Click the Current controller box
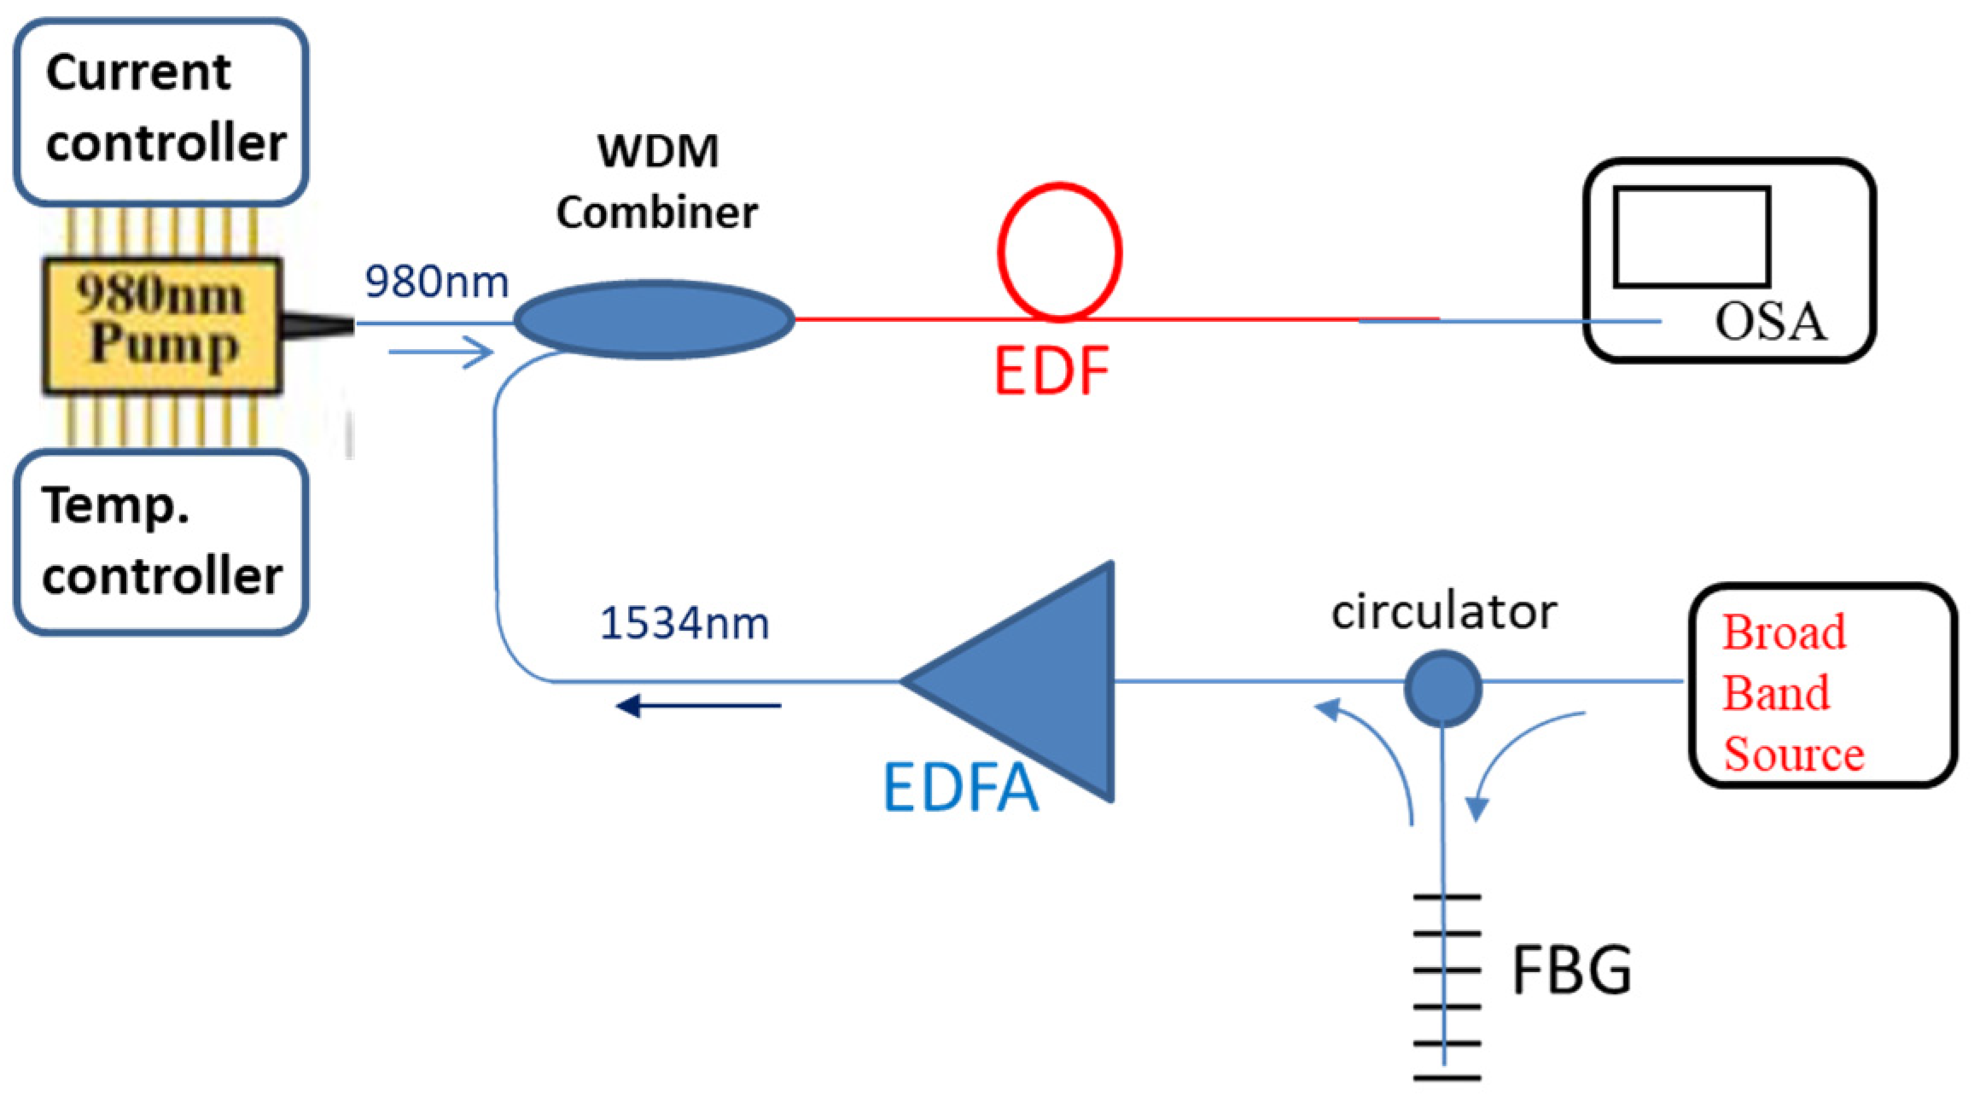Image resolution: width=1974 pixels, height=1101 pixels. (x=160, y=111)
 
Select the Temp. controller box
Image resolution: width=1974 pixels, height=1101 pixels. (x=160, y=543)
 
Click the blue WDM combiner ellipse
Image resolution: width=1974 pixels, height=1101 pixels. (x=655, y=319)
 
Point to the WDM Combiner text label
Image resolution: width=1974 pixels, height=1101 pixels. (x=657, y=181)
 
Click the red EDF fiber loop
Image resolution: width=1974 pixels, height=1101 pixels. (x=1059, y=252)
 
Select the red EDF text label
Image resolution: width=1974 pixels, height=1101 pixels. (x=1051, y=372)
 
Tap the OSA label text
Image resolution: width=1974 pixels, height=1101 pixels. (x=1770, y=323)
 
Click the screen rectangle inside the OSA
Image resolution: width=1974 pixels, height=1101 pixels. (x=1691, y=237)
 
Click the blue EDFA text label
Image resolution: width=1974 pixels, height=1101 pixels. (x=960, y=787)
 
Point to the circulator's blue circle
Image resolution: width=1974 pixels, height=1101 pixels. (x=1442, y=688)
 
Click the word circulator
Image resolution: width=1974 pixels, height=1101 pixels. (x=1444, y=612)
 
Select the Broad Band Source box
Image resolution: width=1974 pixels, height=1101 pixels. (x=1821, y=684)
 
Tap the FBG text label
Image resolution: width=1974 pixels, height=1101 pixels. (x=1571, y=970)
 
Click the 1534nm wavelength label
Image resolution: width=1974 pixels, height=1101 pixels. (x=684, y=623)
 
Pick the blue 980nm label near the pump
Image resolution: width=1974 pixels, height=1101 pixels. (x=436, y=282)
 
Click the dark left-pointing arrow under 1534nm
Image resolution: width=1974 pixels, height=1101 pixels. (x=698, y=706)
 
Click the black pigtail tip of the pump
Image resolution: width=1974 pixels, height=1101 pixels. (x=317, y=324)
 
